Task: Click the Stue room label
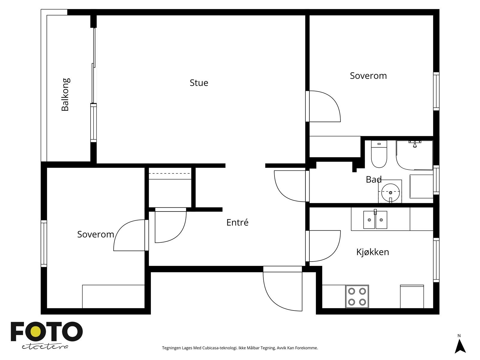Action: pyautogui.click(x=199, y=83)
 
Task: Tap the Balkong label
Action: pyautogui.click(x=65, y=94)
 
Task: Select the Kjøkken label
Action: pyautogui.click(x=373, y=252)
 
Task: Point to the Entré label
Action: pyautogui.click(x=237, y=222)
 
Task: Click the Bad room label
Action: pyautogui.click(x=374, y=179)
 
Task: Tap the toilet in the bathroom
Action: pyautogui.click(x=379, y=154)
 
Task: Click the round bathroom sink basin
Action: pyautogui.click(x=390, y=192)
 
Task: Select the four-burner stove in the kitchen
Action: pyautogui.click(x=357, y=296)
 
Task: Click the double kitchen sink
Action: pyautogui.click(x=375, y=220)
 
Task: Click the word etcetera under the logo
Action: pyautogui.click(x=45, y=347)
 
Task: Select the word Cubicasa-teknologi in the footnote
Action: pyautogui.click(x=220, y=348)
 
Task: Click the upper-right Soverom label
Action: pyautogui.click(x=368, y=76)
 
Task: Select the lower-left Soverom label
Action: pyautogui.click(x=96, y=234)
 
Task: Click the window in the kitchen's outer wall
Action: pyautogui.click(x=436, y=260)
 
